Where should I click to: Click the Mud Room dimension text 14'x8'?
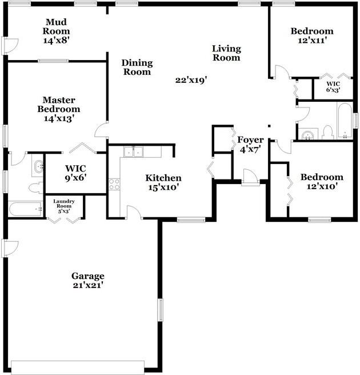[x=56, y=40]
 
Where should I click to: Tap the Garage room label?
[x=88, y=276]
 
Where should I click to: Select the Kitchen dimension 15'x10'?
[x=163, y=187]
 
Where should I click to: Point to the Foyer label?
[x=250, y=140]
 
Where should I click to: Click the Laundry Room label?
[x=64, y=204]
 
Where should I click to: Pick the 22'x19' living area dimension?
[x=191, y=79]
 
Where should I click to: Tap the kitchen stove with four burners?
[x=114, y=185]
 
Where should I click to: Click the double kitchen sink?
[x=133, y=152]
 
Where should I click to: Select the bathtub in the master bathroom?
[x=26, y=209]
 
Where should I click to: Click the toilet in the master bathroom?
[x=36, y=187]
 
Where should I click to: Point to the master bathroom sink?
[x=38, y=165]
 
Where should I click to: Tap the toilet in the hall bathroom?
[x=328, y=133]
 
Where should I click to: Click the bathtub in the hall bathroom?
[x=345, y=120]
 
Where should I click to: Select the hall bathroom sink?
[x=307, y=134]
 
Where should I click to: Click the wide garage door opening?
[x=78, y=368]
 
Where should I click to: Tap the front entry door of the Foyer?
[x=250, y=177]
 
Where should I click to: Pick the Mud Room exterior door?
[x=10, y=46]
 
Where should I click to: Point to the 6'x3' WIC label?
[x=333, y=87]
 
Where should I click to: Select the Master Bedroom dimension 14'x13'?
[x=59, y=118]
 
